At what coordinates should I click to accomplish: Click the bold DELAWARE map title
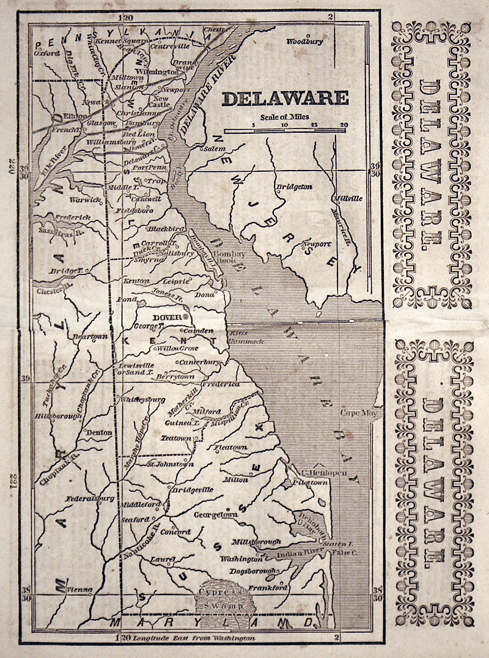tap(285, 98)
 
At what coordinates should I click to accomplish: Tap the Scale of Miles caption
tap(284, 117)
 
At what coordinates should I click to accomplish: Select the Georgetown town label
tap(215, 515)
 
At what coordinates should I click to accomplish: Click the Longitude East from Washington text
tap(194, 638)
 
